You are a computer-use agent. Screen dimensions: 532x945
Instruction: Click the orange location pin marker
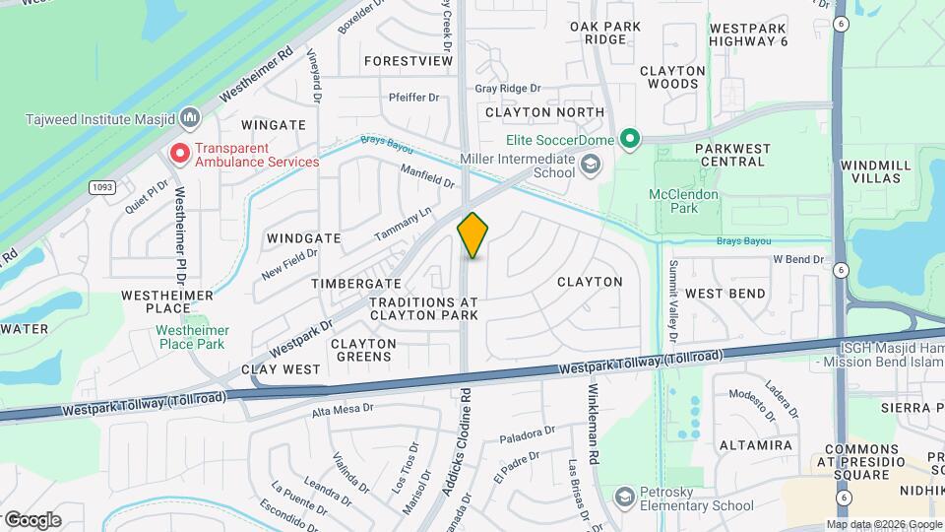click(473, 235)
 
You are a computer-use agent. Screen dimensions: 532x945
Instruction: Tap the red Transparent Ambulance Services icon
click(179, 153)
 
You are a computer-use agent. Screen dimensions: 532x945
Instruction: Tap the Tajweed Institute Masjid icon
click(191, 119)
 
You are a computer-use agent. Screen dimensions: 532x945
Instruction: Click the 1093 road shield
click(101, 186)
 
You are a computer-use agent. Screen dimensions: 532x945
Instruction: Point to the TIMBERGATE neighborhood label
click(343, 283)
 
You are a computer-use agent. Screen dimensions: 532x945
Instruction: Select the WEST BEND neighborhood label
click(725, 294)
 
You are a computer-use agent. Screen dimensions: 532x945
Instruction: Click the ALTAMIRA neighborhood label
click(756, 445)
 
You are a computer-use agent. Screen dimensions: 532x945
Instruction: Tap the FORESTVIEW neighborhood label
click(409, 60)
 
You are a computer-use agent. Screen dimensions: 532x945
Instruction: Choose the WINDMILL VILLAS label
click(871, 171)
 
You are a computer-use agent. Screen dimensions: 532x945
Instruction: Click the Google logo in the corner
click(31, 519)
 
